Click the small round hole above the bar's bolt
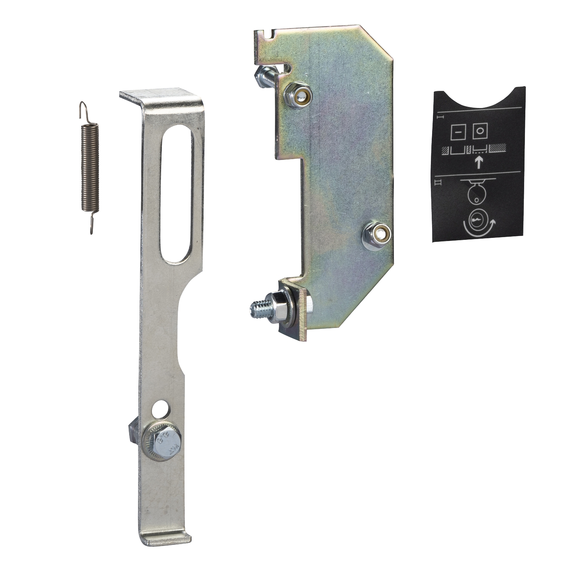tap(161, 410)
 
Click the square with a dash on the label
tap(457, 132)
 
